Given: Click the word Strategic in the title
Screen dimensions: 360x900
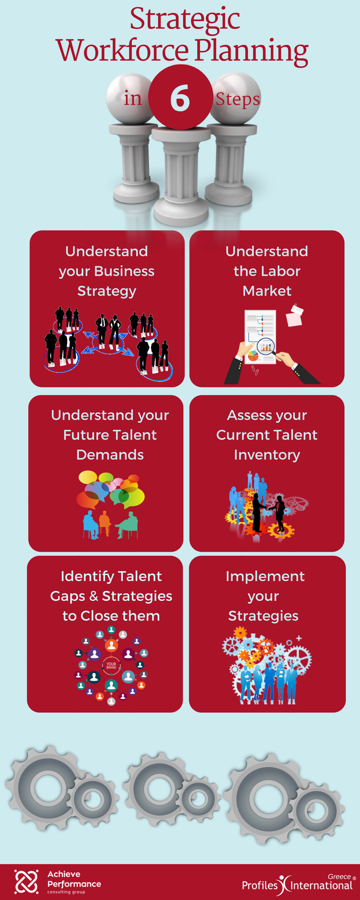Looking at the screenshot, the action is tap(185, 20).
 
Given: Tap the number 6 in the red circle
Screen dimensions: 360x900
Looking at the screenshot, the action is tap(180, 99).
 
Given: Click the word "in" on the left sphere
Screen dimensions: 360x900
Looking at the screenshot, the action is tap(133, 98).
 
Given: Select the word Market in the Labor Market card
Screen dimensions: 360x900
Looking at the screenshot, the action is tap(267, 291).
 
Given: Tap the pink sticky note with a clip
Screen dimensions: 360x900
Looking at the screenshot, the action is tap(294, 316).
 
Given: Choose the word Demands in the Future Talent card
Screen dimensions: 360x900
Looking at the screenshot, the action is tap(110, 455).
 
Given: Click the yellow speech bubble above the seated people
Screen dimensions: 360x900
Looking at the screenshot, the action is tap(88, 477).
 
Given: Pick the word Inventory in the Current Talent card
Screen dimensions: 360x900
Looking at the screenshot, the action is tap(267, 455).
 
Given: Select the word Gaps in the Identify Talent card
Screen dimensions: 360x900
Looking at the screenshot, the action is tap(68, 597).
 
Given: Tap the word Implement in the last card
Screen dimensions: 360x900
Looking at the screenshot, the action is tap(265, 577).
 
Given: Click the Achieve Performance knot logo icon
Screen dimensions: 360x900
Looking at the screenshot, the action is tap(27, 881).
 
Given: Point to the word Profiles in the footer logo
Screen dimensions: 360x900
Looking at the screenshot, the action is tap(260, 886).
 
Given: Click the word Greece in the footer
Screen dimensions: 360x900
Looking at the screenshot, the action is tap(339, 877).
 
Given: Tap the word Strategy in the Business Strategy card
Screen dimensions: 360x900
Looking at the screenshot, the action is tap(107, 292).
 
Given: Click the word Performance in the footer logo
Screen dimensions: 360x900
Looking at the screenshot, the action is tap(74, 884).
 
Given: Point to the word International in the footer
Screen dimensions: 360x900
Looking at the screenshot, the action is tap(321, 886).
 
